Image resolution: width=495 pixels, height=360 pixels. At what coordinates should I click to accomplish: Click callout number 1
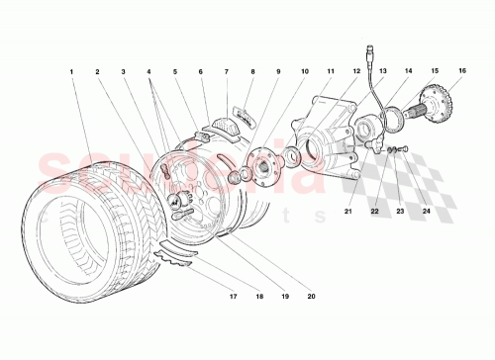click(72, 72)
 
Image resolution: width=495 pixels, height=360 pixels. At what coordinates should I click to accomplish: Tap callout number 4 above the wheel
click(148, 72)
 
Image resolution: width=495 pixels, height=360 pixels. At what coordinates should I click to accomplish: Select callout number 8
click(251, 72)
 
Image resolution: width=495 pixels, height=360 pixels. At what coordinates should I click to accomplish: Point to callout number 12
click(355, 72)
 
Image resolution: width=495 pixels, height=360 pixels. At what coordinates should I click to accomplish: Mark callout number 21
click(348, 211)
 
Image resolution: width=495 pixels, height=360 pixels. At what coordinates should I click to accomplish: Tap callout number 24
click(426, 211)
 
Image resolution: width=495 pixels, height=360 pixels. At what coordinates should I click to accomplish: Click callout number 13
click(381, 72)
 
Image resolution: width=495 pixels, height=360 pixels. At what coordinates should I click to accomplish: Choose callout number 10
click(304, 72)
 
